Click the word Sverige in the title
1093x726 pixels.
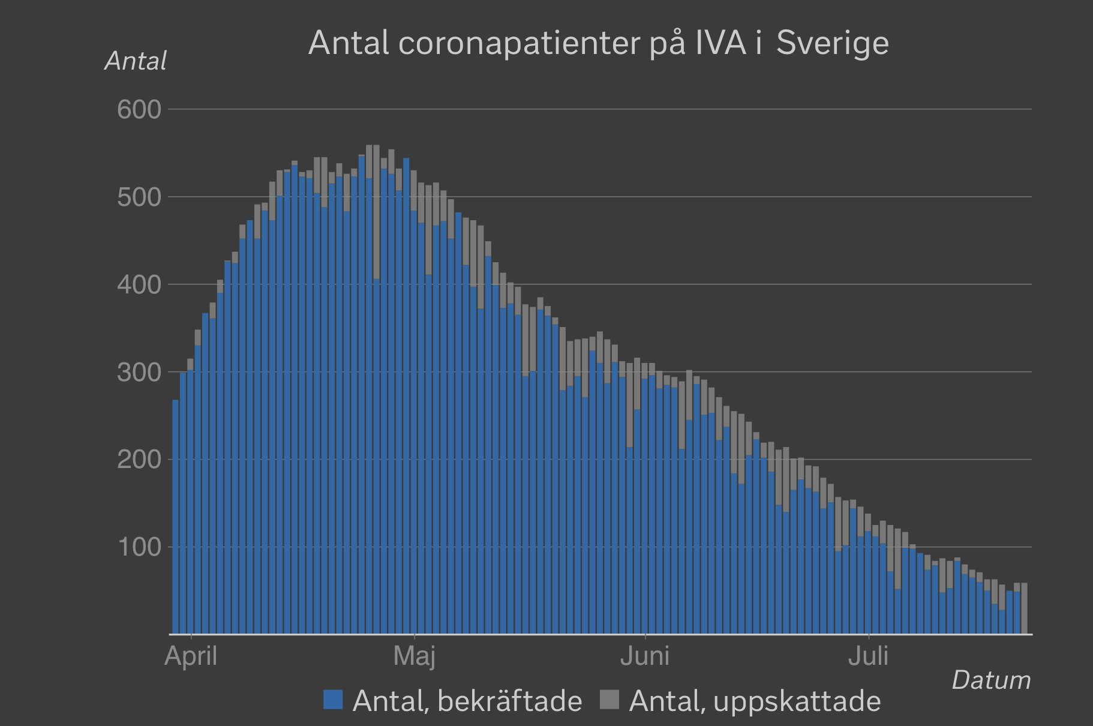click(x=832, y=43)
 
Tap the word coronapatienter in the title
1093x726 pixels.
click(x=519, y=43)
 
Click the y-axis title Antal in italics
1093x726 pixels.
click(x=136, y=61)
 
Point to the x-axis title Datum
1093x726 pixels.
click(x=991, y=680)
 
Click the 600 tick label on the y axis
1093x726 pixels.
click(x=139, y=110)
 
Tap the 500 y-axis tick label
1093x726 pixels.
click(x=139, y=197)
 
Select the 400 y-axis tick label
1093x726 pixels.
click(x=139, y=285)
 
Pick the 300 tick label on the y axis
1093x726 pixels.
click(x=139, y=373)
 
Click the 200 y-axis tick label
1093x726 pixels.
click(x=139, y=460)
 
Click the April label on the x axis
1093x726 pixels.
click(x=191, y=656)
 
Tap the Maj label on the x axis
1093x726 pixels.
click(x=414, y=656)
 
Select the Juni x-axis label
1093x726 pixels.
click(x=645, y=656)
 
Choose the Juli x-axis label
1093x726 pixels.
click(x=868, y=656)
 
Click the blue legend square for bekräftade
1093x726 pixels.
click(x=333, y=700)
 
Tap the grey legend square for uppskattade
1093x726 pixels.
click(x=609, y=700)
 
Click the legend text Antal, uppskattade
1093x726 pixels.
click(x=755, y=701)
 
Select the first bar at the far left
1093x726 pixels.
click(x=176, y=516)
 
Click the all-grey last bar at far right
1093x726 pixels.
click(x=1024, y=608)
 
